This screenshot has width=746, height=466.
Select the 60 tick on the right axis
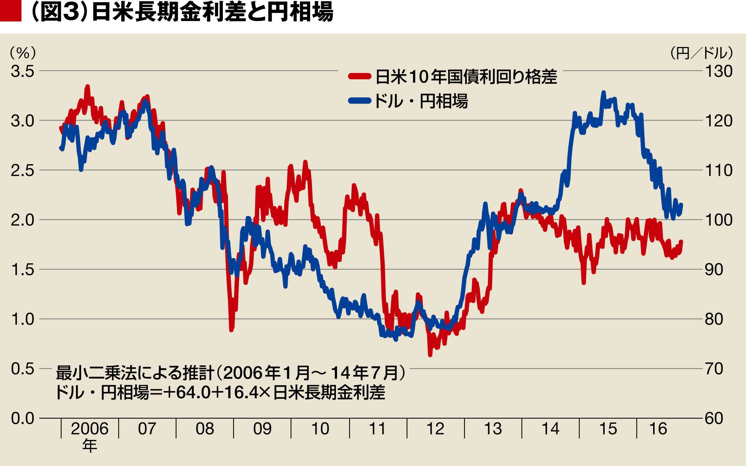714,418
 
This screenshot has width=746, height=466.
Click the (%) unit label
23,54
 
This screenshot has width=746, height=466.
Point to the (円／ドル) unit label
701,54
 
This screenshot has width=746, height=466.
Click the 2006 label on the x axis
90,429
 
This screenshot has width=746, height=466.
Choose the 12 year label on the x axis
435,429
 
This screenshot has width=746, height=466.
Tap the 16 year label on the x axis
658,429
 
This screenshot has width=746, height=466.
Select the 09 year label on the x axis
262,429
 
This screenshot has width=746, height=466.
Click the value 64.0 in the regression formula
193,393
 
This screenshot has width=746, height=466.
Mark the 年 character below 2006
90,446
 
